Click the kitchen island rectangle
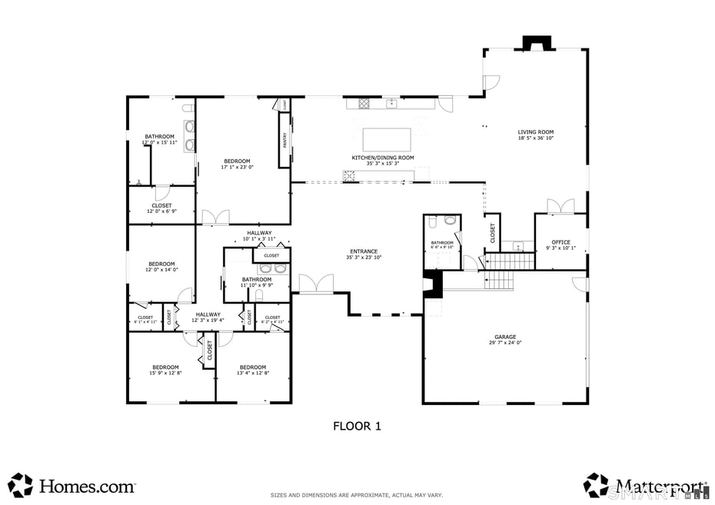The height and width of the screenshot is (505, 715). coord(387,139)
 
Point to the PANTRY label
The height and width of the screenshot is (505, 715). coord(284,139)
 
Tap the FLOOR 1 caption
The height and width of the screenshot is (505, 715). coord(357,425)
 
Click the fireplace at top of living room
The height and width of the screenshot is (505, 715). coord(537,44)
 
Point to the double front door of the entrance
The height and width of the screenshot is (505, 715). coord(317,284)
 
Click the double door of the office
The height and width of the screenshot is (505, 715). coord(560,206)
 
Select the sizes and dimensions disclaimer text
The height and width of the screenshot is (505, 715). coord(357,495)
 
